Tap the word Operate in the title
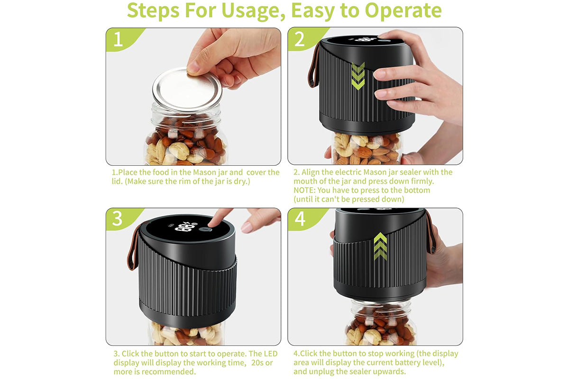pyautogui.click(x=403, y=11)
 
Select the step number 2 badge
pyautogui.click(x=303, y=38)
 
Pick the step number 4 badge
pyautogui.click(x=303, y=218)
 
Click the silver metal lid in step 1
pyautogui.click(x=187, y=89)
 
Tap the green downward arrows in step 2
pyautogui.click(x=358, y=76)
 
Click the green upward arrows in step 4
pyautogui.click(x=380, y=246)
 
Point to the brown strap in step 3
pyautogui.click(x=132, y=247)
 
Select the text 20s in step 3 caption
pyautogui.click(x=257, y=362)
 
